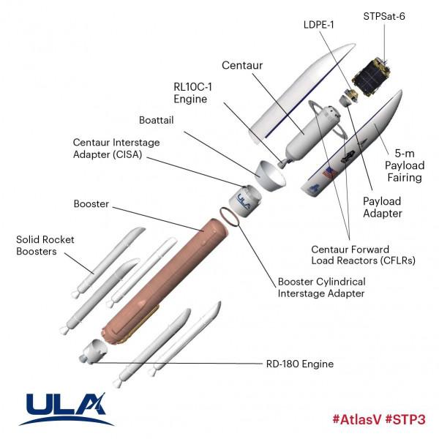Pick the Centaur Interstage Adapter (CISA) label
tap(116, 149)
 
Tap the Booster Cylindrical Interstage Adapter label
tap(323, 288)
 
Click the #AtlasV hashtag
tap(358, 420)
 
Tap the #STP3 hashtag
tap(405, 420)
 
